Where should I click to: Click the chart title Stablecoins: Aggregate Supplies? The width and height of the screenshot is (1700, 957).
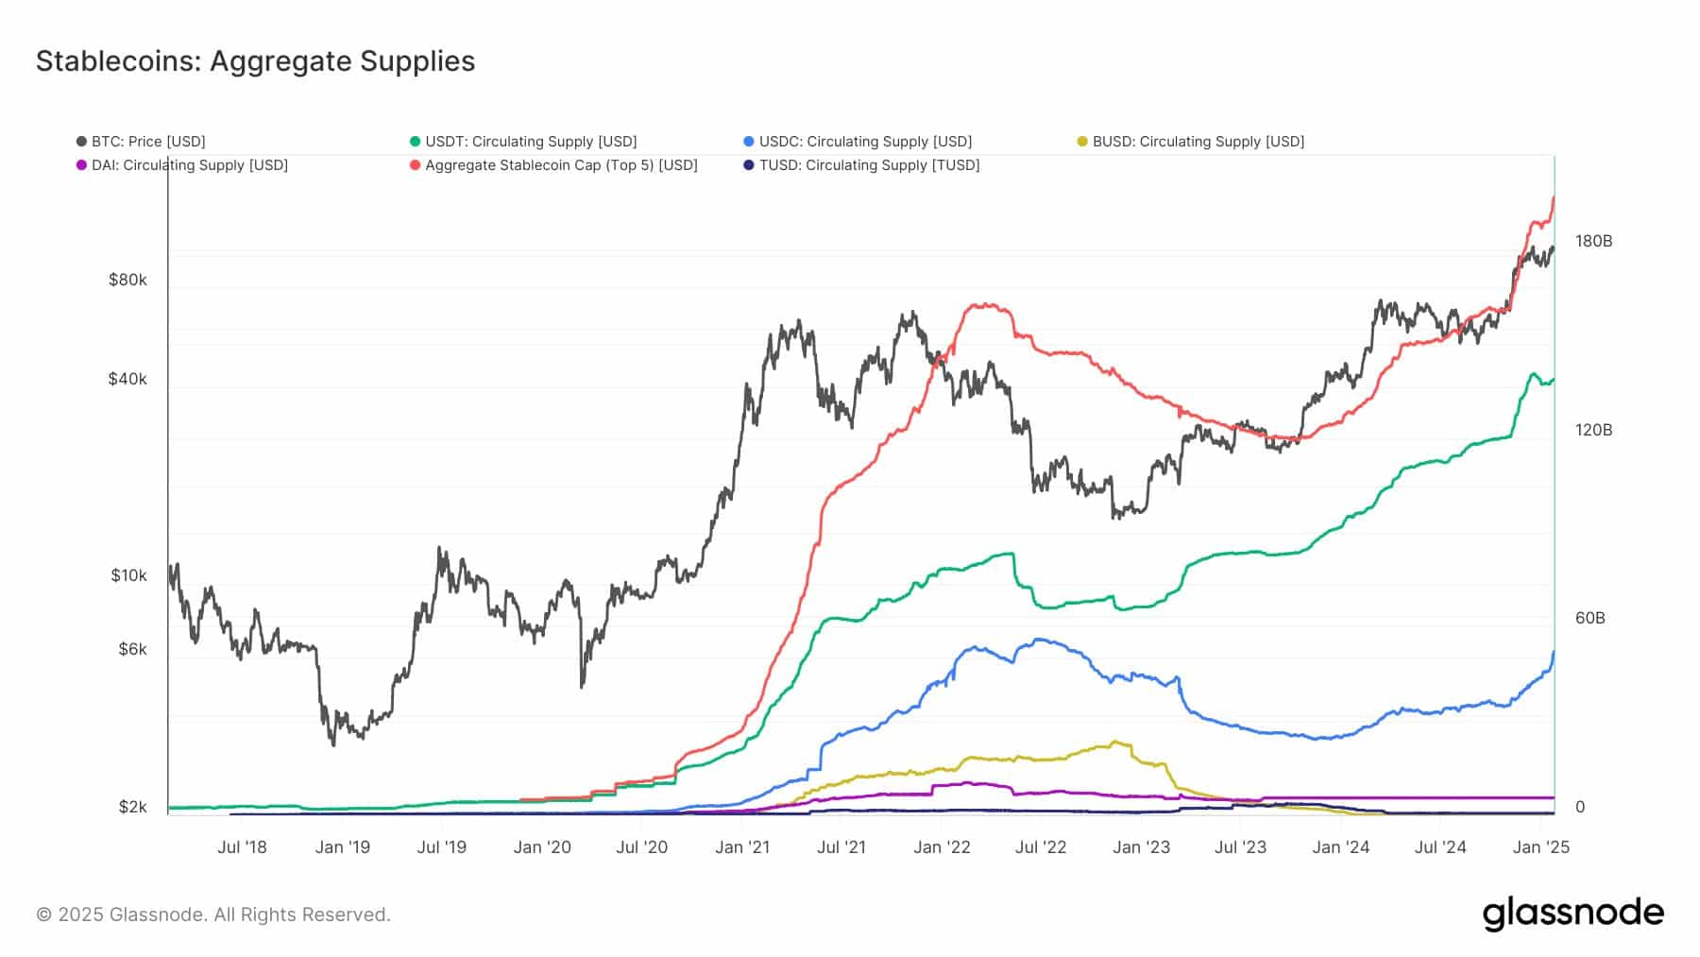coord(255,61)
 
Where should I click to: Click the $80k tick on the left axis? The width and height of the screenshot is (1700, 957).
coord(127,280)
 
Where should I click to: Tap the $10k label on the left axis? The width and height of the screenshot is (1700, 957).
coord(128,575)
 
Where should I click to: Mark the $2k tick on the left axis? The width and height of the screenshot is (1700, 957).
coord(132,807)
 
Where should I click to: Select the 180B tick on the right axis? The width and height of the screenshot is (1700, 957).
coord(1593,241)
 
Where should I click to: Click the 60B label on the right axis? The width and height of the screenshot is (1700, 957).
coord(1589,618)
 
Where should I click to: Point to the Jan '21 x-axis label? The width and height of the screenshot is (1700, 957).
coord(742,847)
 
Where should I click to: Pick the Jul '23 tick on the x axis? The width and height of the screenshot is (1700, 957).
coord(1239,847)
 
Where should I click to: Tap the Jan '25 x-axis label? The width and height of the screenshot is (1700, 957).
coord(1540,847)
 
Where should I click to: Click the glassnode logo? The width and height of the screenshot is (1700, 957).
coord(1572,914)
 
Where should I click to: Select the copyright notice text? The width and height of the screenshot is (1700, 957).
coord(213,914)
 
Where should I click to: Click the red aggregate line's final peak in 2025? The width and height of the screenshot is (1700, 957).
coord(1554,197)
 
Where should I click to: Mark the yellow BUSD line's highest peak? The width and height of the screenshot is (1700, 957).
coord(1116,742)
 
